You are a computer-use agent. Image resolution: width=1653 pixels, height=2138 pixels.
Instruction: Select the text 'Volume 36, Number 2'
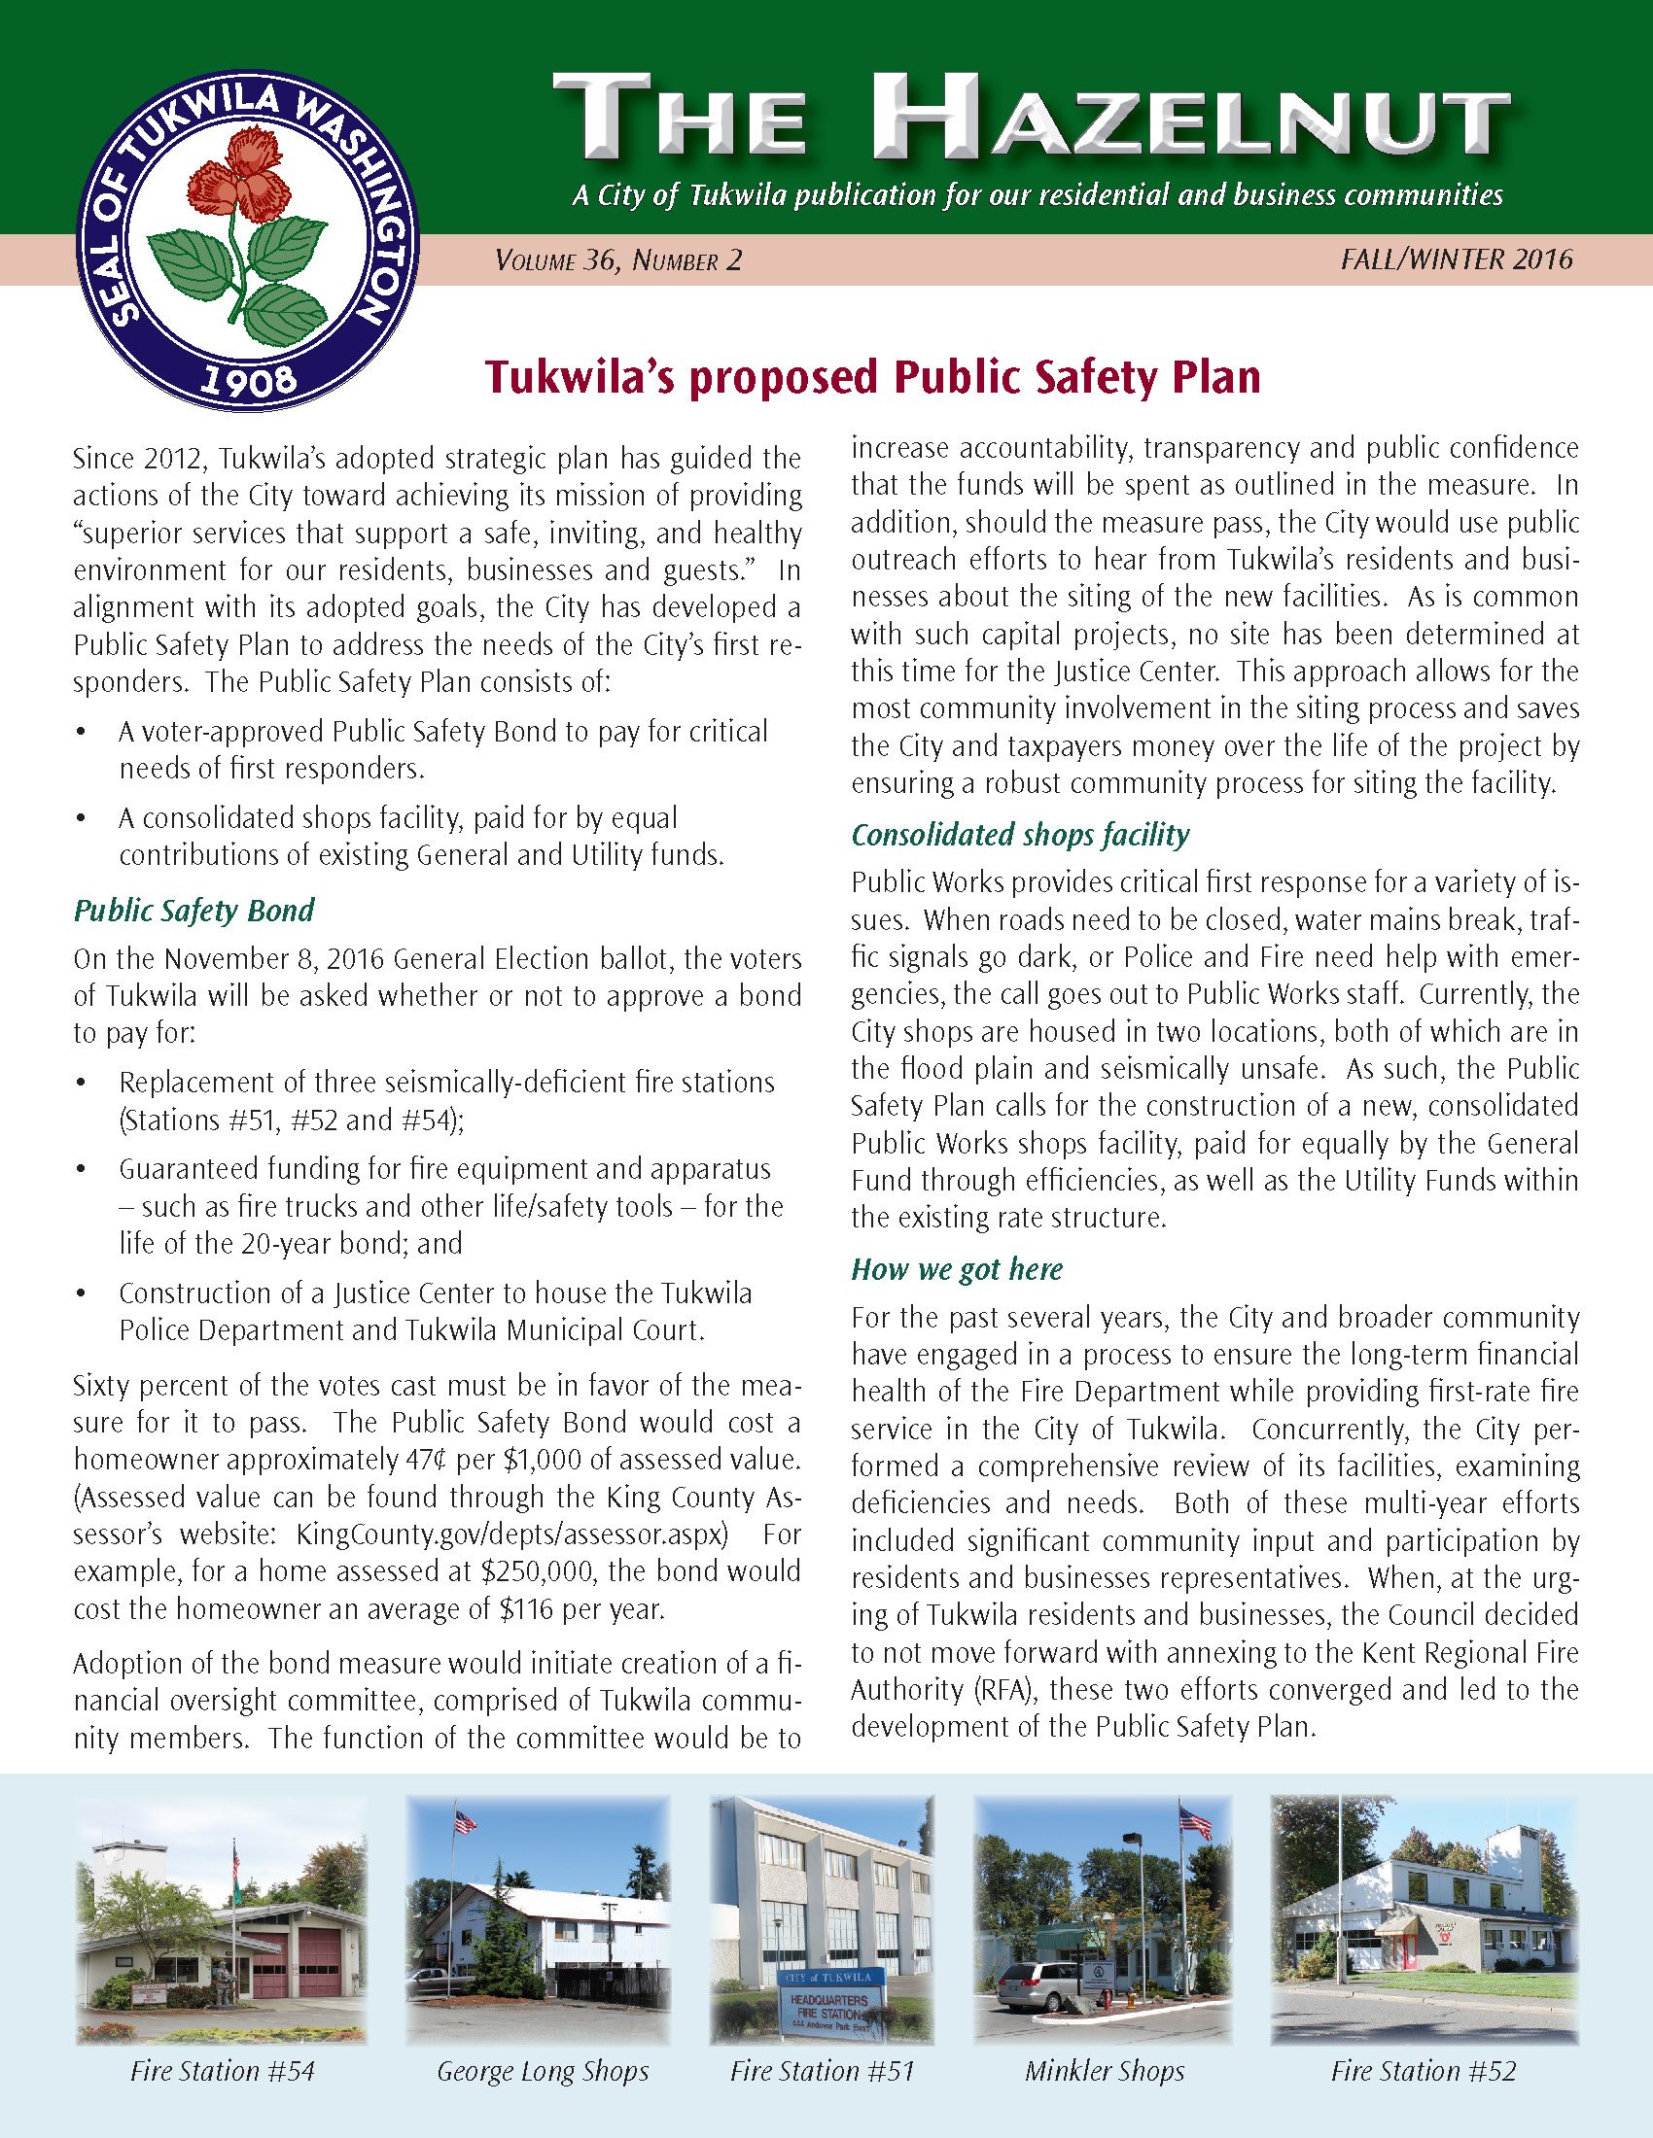618,260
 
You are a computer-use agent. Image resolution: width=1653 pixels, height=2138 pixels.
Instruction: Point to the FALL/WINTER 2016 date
1458,259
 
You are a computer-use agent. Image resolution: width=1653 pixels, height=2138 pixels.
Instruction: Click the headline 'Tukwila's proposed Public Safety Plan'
872,378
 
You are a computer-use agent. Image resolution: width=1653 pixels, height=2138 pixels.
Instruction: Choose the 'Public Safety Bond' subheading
193,911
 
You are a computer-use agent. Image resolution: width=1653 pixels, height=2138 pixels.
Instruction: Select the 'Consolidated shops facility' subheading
1019,834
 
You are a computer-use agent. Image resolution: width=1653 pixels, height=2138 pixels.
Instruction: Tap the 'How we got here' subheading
956,1270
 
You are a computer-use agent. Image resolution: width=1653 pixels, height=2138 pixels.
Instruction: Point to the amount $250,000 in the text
538,1571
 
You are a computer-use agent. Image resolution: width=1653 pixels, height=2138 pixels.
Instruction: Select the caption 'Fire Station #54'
223,2070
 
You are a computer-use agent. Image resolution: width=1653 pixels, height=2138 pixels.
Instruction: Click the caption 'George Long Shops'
543,2070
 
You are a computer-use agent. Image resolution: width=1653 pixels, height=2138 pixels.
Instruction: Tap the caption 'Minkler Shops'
1105,2070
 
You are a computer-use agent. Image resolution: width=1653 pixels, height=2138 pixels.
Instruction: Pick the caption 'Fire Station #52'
1423,2070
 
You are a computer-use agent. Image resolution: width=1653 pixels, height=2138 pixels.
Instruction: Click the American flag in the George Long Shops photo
464,1822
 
